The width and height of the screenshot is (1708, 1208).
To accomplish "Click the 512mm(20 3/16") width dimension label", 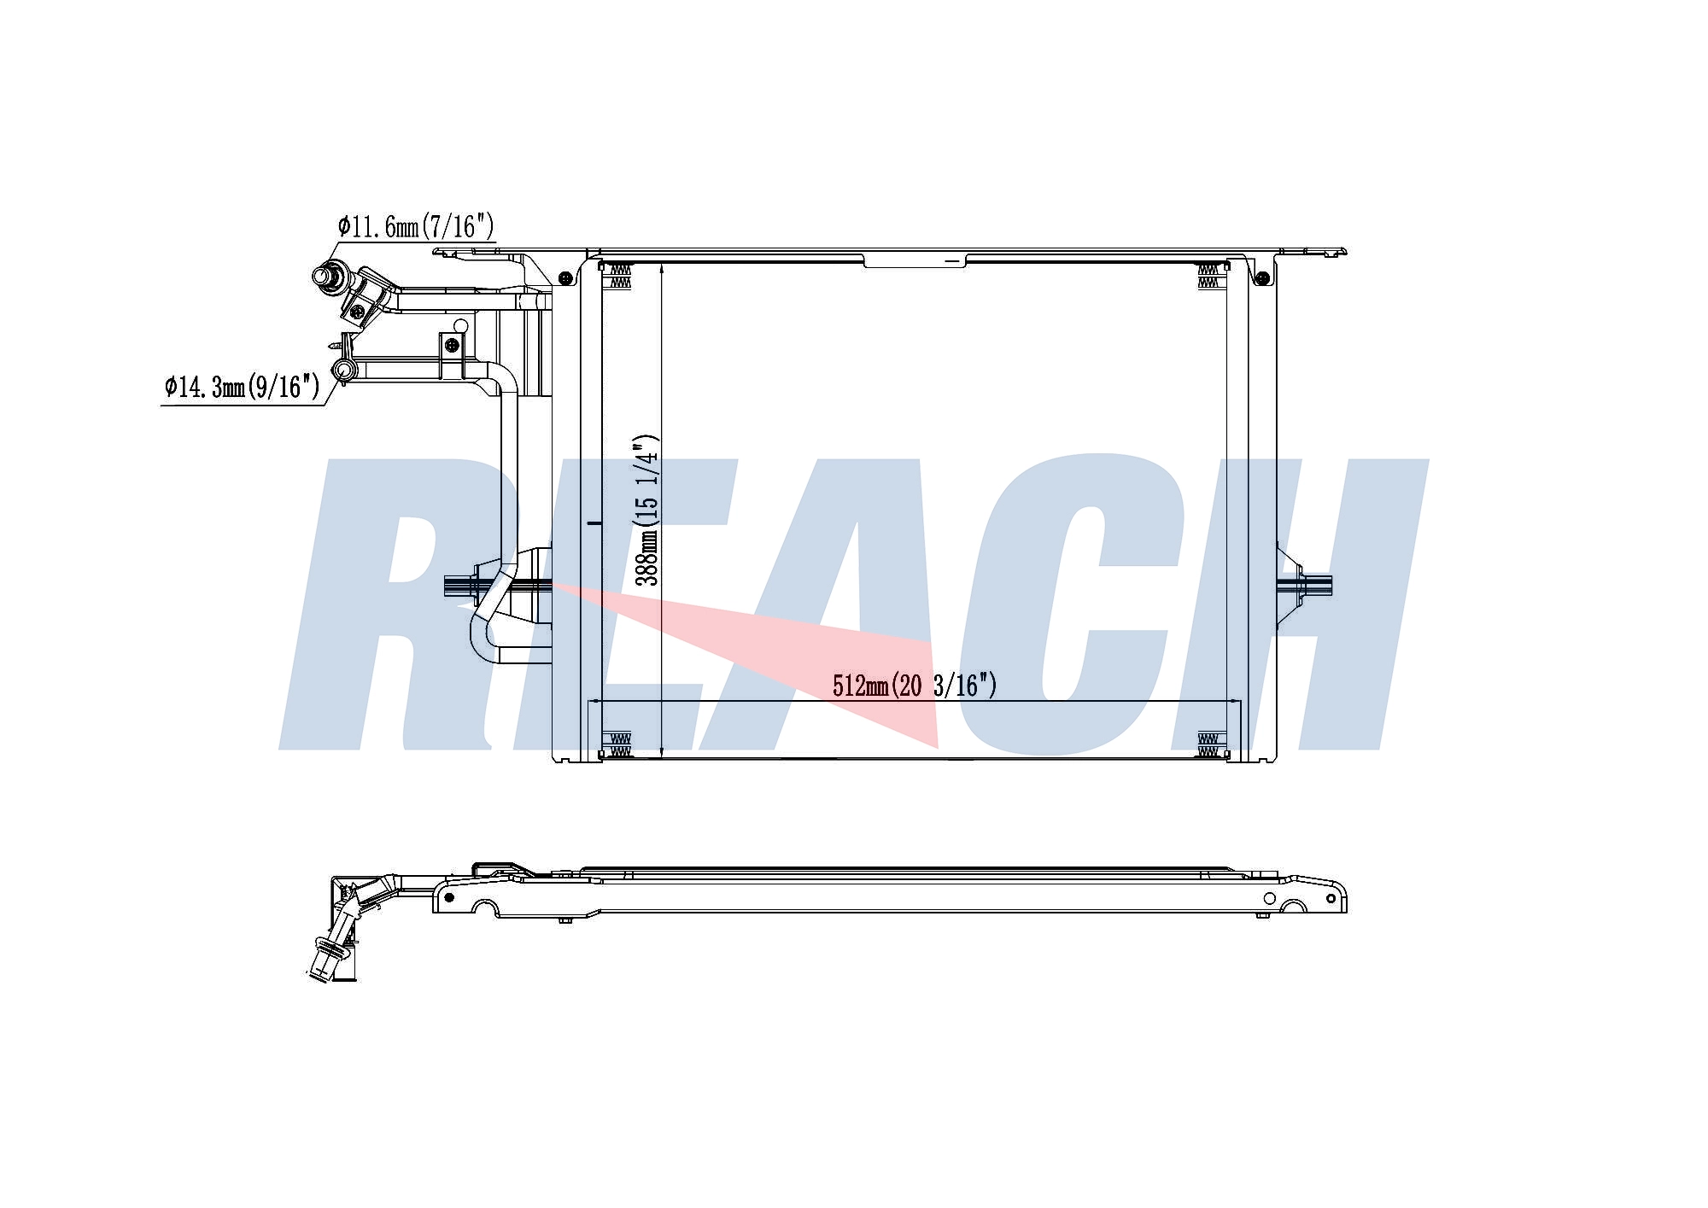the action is (915, 685).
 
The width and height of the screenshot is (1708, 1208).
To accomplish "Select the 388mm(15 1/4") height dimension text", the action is (648, 511).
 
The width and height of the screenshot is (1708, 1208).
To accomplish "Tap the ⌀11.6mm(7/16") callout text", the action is (416, 226).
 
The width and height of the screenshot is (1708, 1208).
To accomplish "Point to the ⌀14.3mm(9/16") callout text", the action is (243, 387).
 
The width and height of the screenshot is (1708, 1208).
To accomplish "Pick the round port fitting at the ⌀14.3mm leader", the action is (343, 370).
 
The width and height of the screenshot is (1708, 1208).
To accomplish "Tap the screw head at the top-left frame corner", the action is (564, 277).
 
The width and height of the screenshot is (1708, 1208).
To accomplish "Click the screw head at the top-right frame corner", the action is (1261, 277).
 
